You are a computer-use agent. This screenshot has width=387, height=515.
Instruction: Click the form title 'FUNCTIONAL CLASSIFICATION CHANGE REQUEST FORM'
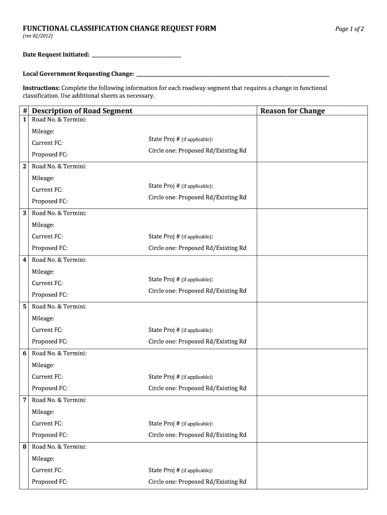(120, 29)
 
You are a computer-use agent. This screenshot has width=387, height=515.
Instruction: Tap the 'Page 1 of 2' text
(349, 29)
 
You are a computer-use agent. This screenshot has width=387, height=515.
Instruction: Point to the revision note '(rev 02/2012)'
(38, 37)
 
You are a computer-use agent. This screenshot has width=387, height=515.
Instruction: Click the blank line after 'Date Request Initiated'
(136, 55)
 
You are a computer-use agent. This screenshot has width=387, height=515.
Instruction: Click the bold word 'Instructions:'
(41, 88)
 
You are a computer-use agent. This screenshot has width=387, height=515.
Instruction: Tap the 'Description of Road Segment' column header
(82, 111)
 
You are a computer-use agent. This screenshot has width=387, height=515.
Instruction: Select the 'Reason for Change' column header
(292, 111)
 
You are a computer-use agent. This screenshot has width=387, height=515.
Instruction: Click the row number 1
(25, 120)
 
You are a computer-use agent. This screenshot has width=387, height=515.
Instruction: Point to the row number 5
(25, 307)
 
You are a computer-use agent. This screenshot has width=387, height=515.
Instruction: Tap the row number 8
(25, 447)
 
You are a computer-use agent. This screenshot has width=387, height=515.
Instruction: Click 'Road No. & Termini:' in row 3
(59, 213)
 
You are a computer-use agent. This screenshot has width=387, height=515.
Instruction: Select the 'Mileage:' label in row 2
(43, 178)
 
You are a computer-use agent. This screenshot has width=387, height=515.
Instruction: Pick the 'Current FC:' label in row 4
(47, 283)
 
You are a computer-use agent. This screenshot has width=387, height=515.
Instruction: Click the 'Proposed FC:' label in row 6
(50, 388)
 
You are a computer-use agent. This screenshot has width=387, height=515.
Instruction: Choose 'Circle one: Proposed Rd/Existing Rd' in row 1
(197, 151)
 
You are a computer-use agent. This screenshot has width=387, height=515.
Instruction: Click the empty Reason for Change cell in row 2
(312, 185)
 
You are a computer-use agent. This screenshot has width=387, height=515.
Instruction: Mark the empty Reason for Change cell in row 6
(312, 372)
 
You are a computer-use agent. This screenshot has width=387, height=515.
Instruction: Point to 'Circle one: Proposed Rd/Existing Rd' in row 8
(197, 482)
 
